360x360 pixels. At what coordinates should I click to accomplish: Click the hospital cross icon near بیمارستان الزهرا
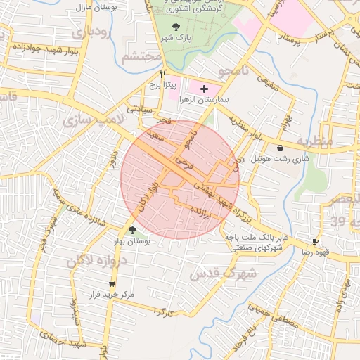pyautogui.click(x=205, y=89)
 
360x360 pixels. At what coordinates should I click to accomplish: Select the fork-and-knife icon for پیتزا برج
pyautogui.click(x=163, y=73)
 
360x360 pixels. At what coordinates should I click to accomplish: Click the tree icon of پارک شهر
pyautogui.click(x=176, y=26)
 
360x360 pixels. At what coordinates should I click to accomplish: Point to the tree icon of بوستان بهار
pyautogui.click(x=133, y=230)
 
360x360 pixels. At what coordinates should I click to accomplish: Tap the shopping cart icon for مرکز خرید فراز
pyautogui.click(x=112, y=284)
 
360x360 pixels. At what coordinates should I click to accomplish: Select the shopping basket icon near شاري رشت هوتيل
pyautogui.click(x=281, y=148)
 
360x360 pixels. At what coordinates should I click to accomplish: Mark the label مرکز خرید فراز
pyautogui.click(x=108, y=295)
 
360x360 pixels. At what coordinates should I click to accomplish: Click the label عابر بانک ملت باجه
pyautogui.click(x=257, y=238)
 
